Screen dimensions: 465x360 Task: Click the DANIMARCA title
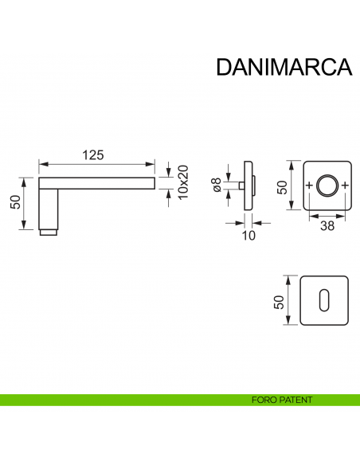(x=284, y=66)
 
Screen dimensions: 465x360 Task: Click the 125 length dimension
(x=95, y=155)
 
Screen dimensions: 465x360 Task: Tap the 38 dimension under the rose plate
(x=327, y=225)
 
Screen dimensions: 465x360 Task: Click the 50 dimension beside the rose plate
(x=282, y=186)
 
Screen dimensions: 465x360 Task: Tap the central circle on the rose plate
(x=327, y=186)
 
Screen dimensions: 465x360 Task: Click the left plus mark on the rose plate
(x=308, y=186)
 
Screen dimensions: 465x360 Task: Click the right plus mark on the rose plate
(x=345, y=186)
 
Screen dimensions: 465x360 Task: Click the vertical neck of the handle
(x=49, y=207)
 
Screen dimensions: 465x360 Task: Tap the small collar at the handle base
(x=49, y=232)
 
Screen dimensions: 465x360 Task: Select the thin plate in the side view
(x=248, y=186)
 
